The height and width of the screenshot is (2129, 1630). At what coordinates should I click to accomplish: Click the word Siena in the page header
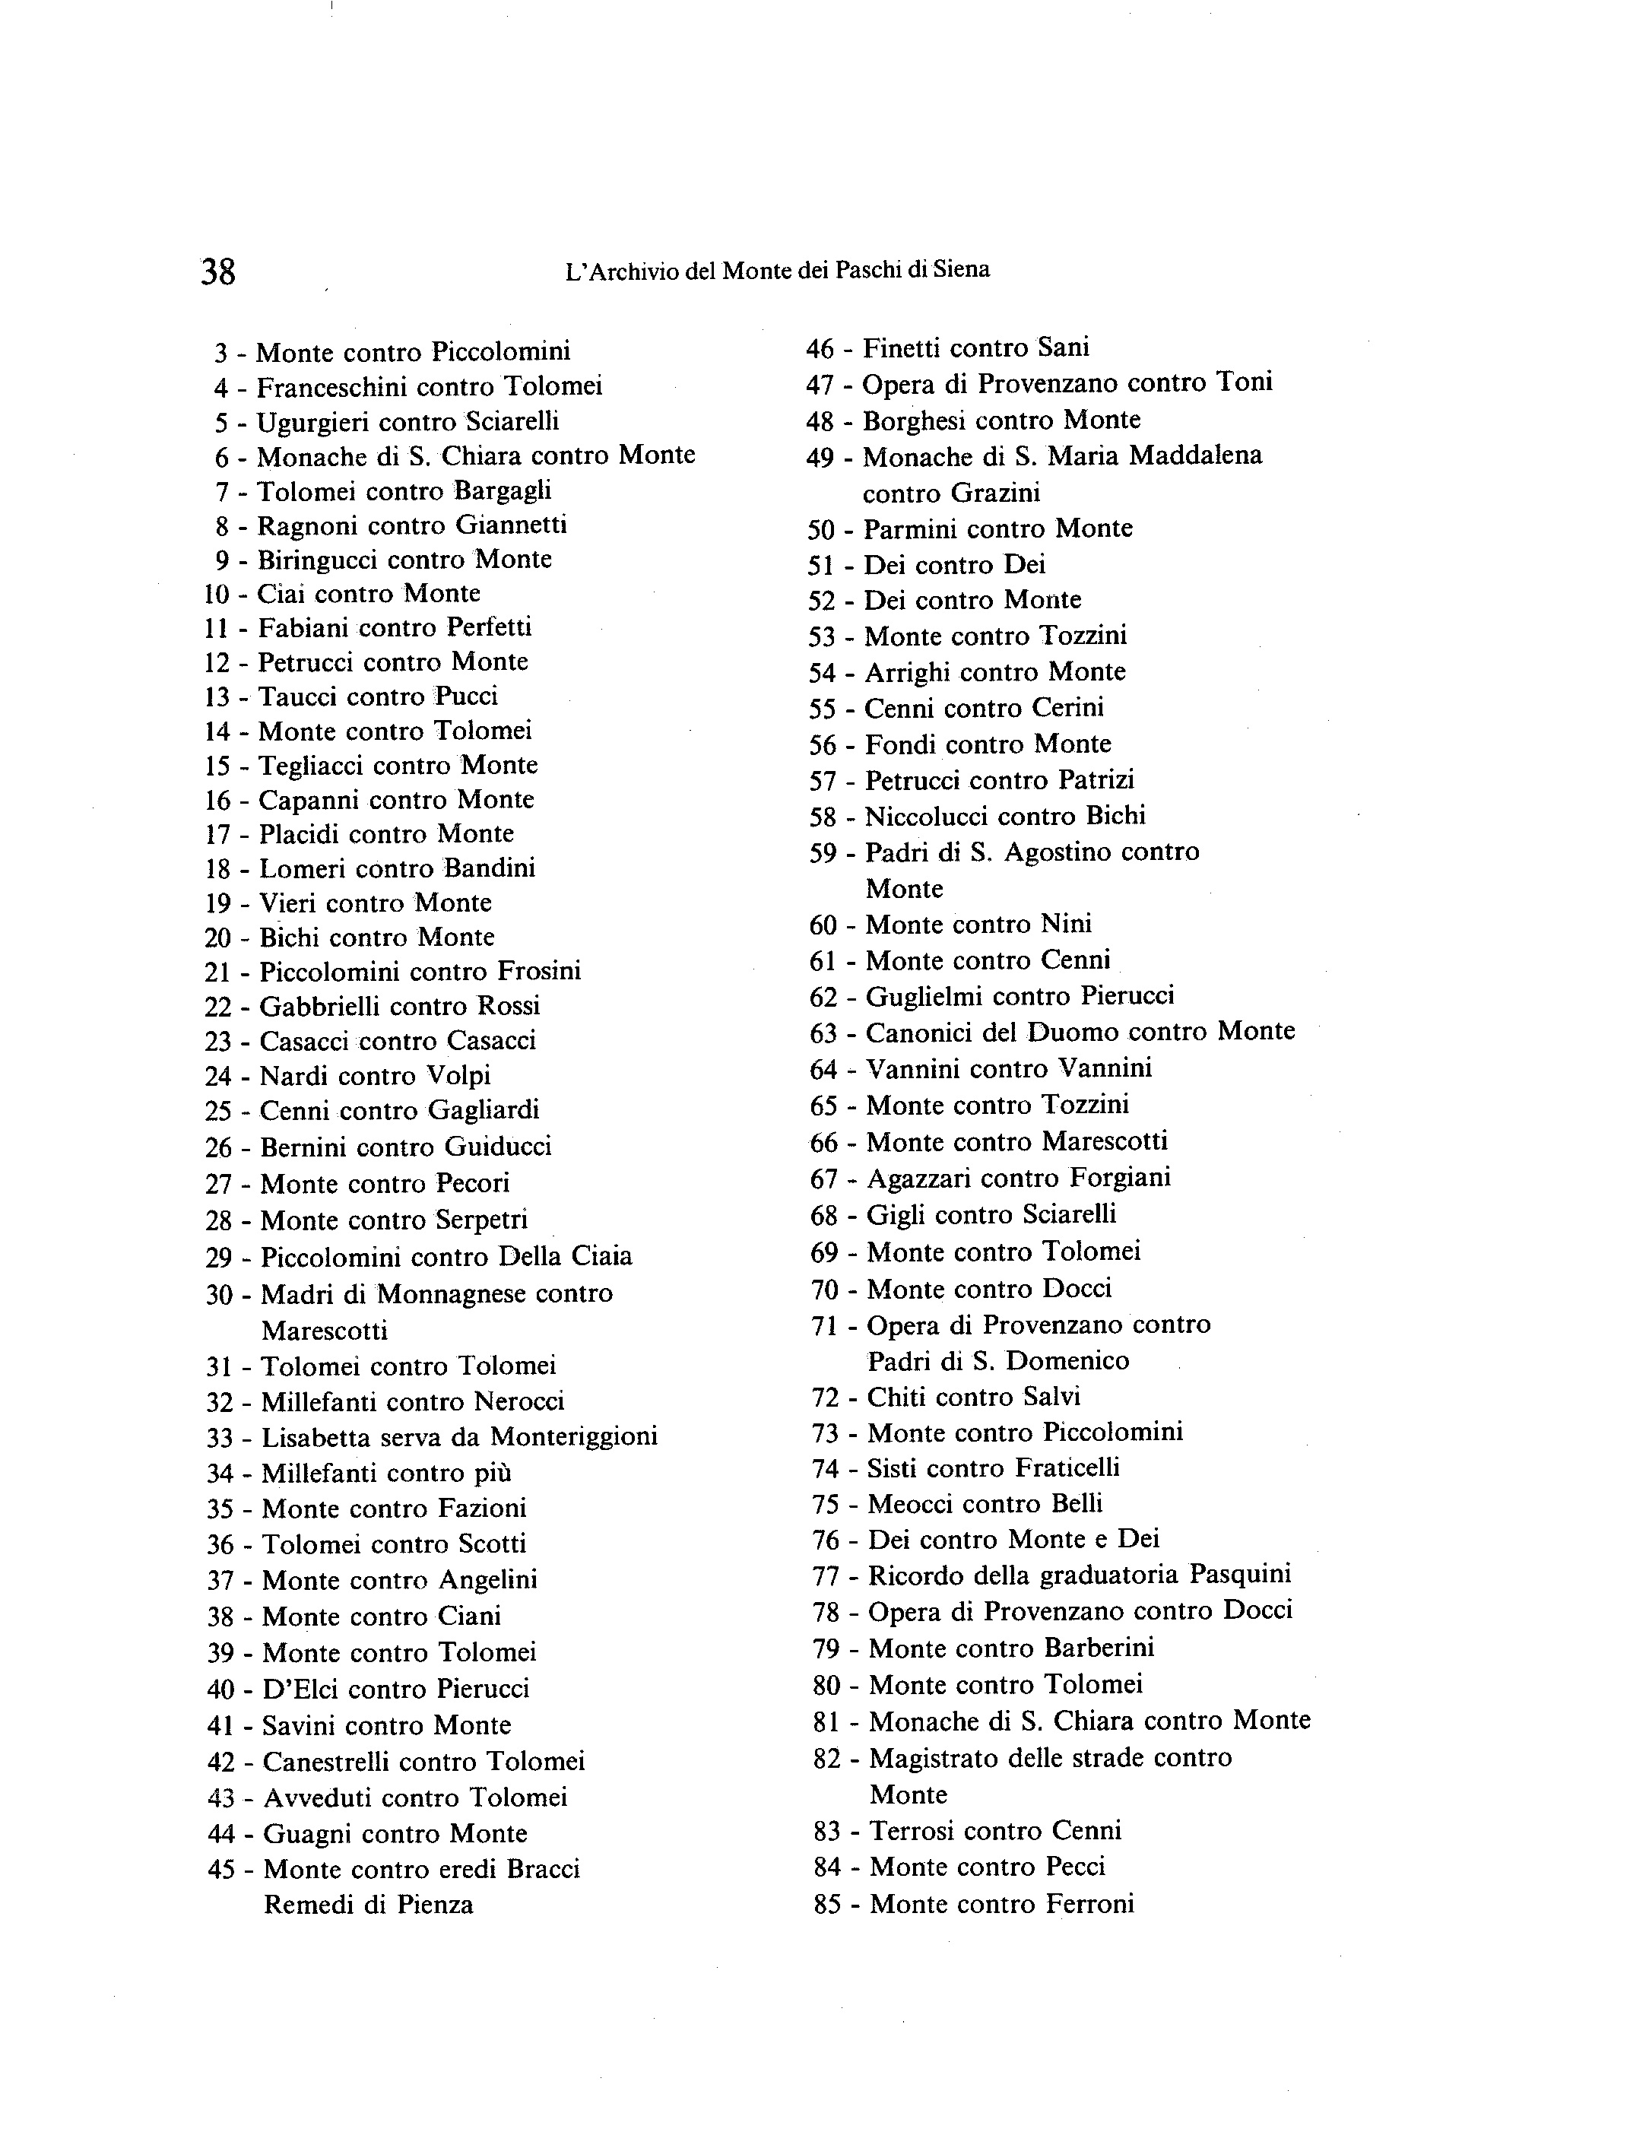tap(962, 270)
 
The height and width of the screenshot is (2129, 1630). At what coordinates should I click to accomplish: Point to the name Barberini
tap(1099, 1648)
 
